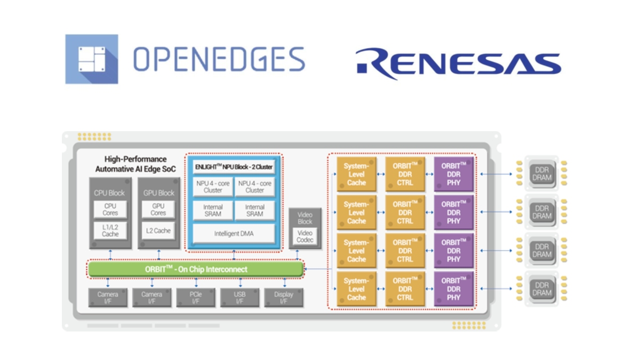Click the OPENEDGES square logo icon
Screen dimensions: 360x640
91,59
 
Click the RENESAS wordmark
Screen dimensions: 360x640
458,63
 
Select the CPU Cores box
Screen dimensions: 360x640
110,209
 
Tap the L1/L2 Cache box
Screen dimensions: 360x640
110,230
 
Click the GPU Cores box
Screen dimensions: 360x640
158,209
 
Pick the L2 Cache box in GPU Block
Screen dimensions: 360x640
158,230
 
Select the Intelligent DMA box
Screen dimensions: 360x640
233,234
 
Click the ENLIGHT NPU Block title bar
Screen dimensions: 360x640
233,166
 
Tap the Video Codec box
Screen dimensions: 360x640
305,236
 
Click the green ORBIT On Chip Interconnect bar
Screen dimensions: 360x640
196,269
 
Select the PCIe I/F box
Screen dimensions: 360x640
196,298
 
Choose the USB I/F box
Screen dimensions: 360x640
239,298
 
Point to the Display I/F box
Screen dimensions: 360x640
283,298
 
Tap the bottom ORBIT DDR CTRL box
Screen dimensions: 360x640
405,289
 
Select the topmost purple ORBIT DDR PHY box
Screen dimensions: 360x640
454,174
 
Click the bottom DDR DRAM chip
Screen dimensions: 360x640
542,289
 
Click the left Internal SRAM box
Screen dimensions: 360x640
213,210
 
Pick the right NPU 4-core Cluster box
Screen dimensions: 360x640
254,187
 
